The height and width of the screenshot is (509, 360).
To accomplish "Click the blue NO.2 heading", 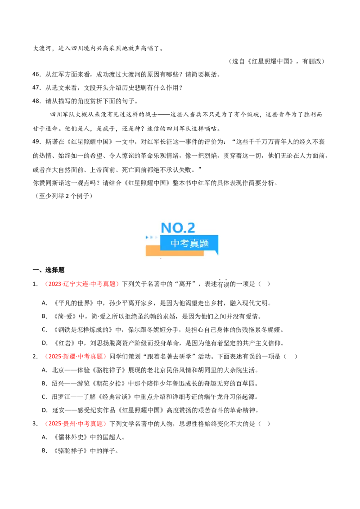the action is [178, 228].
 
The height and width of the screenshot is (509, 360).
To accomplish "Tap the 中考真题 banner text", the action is [189, 243].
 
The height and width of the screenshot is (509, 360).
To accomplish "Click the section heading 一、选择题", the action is [49, 270].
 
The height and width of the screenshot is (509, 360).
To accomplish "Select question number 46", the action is [36, 74].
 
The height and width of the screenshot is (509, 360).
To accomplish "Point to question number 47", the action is [36, 88].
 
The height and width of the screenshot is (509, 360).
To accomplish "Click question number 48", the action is [36, 101].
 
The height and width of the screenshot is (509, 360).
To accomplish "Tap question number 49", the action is [36, 142].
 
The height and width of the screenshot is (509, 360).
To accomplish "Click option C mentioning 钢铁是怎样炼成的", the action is [163, 330].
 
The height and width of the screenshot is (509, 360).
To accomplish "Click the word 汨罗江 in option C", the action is [61, 397].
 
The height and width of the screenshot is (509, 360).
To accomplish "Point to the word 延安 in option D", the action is [58, 411].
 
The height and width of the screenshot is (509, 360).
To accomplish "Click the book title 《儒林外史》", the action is [70, 437].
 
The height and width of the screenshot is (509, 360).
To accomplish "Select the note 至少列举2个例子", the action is [64, 196].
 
